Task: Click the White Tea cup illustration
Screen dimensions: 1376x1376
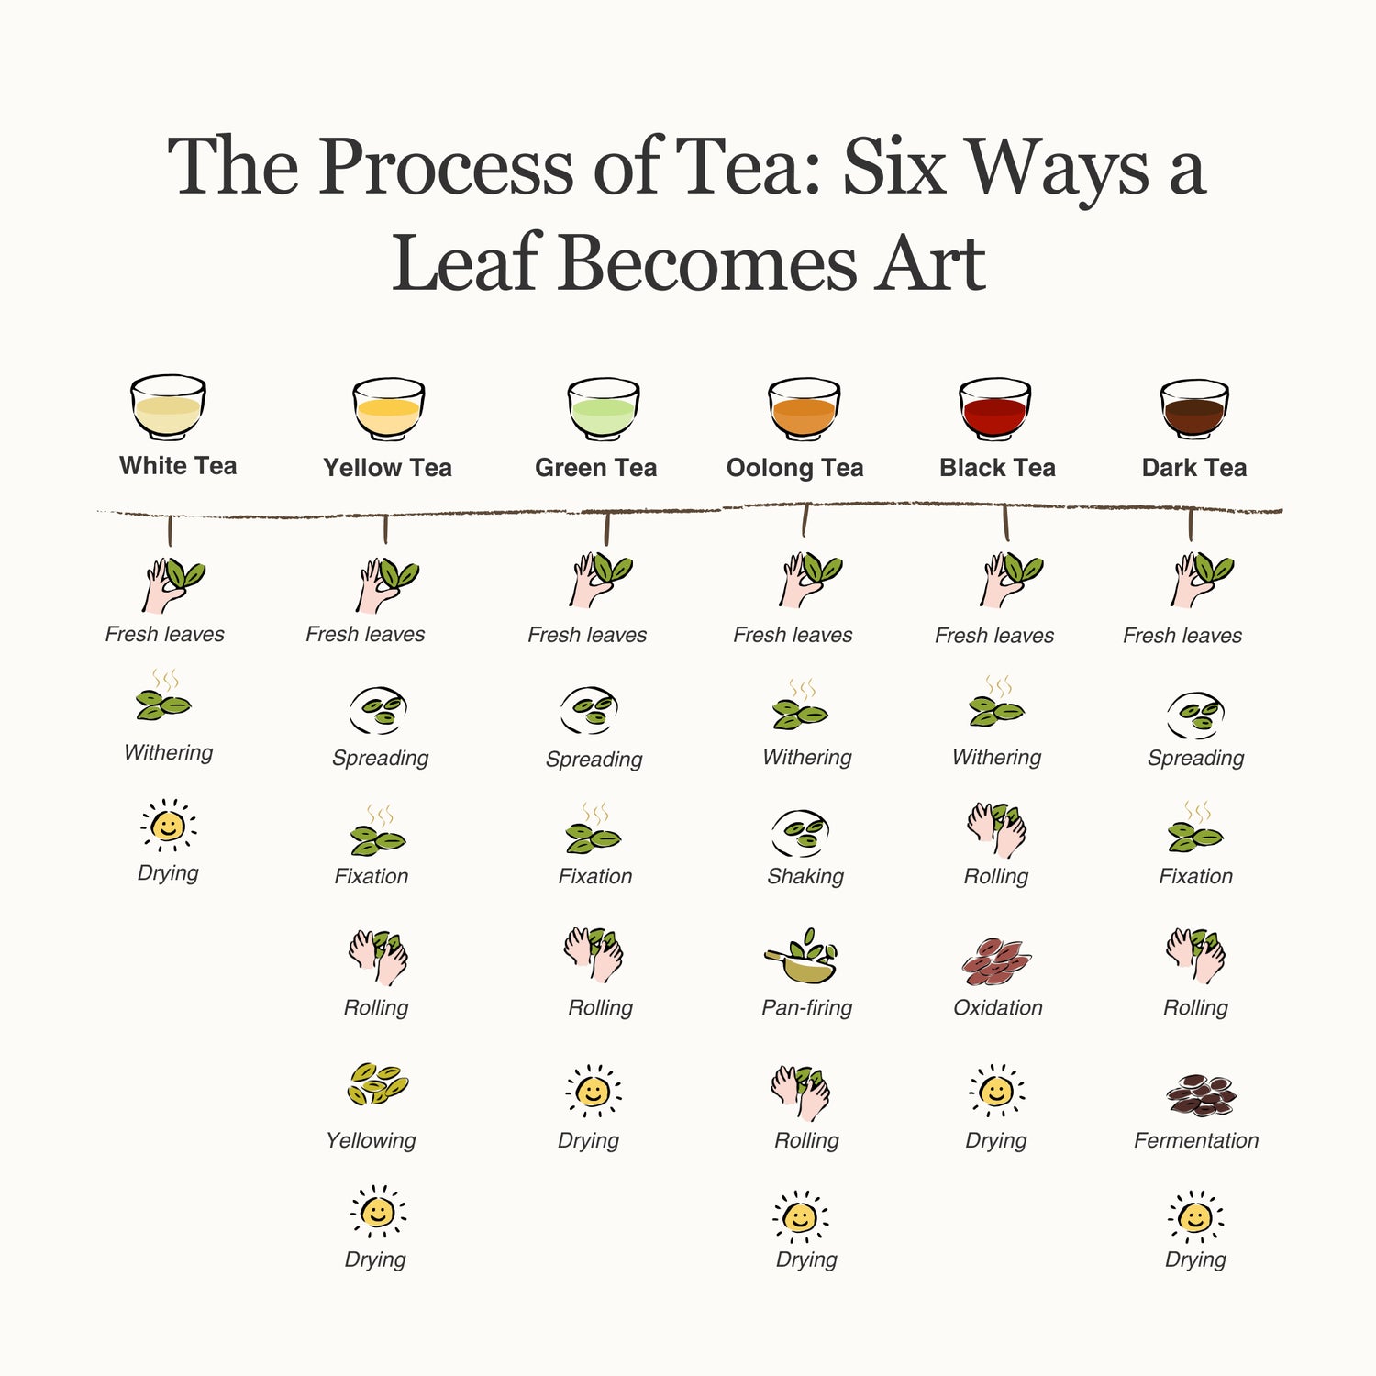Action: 168,407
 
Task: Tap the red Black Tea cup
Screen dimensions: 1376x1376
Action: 995,409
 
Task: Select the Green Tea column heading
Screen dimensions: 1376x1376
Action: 596,468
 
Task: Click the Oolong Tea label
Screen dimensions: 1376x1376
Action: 795,469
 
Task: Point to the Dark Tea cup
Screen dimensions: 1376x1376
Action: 1194,409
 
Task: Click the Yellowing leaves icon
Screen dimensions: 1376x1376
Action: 377,1083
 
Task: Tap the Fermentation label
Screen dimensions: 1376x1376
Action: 1196,1140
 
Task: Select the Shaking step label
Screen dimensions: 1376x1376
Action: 805,876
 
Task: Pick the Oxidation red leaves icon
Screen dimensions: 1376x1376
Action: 997,961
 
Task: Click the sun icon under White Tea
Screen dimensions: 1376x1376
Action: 168,826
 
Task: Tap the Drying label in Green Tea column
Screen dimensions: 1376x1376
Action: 589,1140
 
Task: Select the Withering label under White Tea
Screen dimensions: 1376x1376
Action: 169,752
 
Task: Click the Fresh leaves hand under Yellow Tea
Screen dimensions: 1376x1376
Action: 386,584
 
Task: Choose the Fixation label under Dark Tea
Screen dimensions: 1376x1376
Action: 1195,876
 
